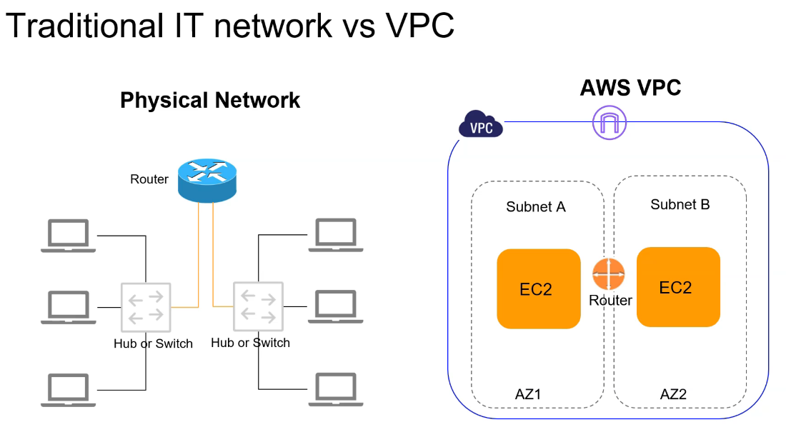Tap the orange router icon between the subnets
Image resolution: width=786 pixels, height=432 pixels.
coord(609,275)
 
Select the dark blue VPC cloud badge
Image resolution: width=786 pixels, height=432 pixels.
coord(480,125)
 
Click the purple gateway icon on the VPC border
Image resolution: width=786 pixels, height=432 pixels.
coord(609,124)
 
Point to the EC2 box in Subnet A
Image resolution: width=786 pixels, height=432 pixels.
coord(538,288)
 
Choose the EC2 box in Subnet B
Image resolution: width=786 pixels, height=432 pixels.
coord(678,287)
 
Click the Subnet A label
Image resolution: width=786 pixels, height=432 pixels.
coord(536,207)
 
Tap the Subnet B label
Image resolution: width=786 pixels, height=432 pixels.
coord(680,205)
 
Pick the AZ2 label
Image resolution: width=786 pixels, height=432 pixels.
coord(673,394)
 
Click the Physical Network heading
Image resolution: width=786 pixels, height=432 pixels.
coord(210,100)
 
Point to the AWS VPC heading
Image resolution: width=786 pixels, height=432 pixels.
coord(630,88)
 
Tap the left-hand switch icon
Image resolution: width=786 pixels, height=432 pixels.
coord(146,306)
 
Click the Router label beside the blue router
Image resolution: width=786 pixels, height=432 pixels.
coord(149,179)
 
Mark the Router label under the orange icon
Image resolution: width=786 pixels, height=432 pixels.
coord(610,301)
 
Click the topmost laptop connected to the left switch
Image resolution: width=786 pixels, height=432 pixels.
coord(68,236)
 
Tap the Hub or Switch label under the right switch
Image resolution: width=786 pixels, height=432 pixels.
coord(251,343)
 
